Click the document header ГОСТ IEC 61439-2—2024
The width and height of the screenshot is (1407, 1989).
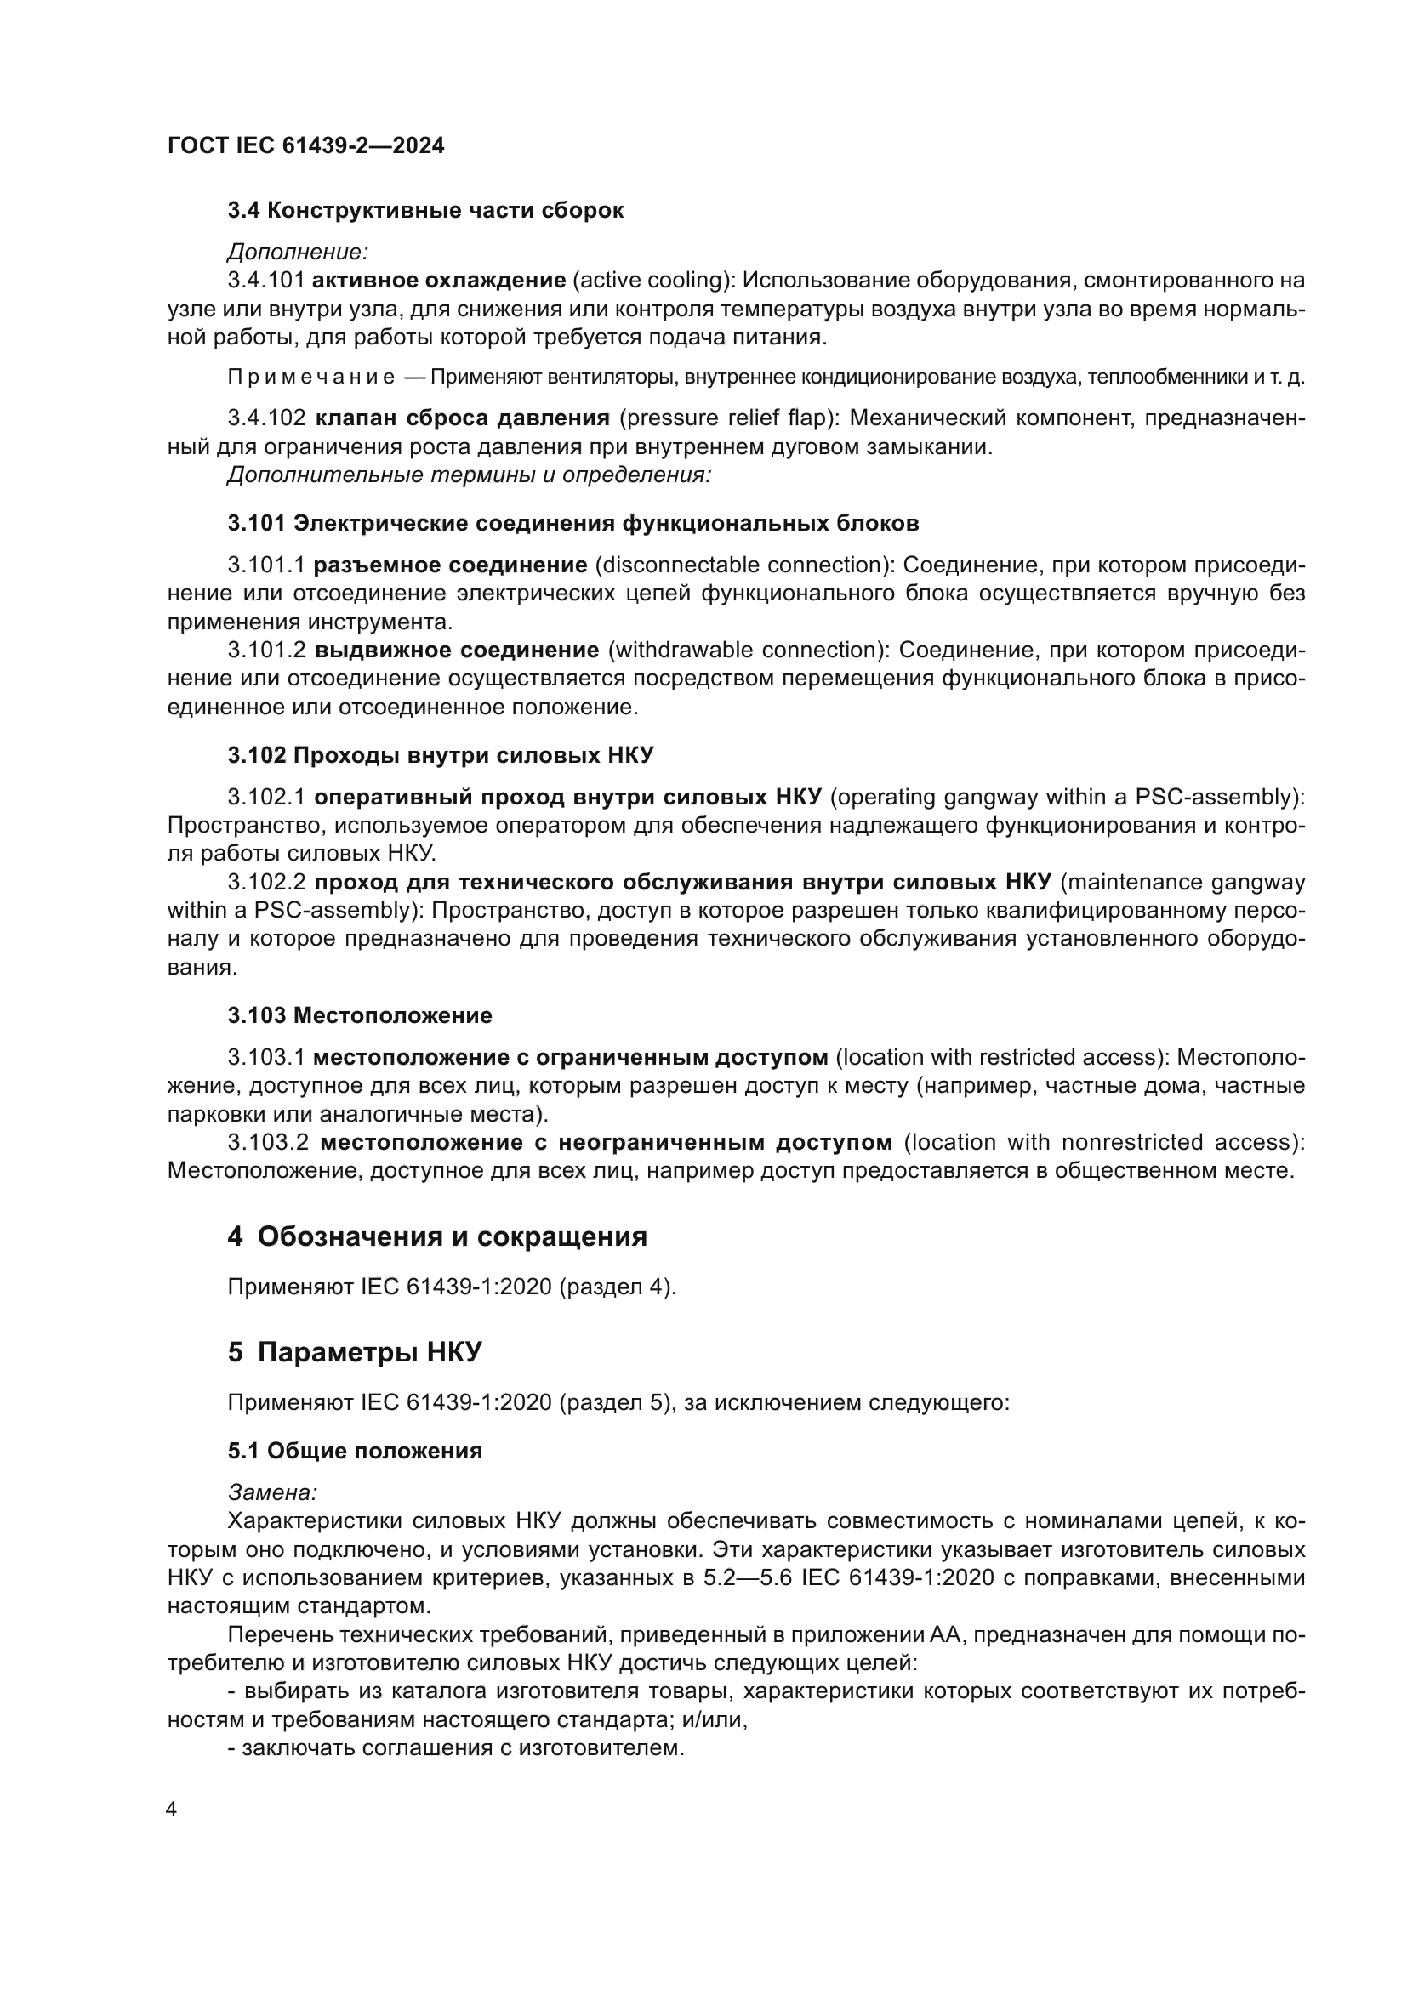point(305,145)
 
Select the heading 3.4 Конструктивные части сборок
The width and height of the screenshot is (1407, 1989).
point(424,211)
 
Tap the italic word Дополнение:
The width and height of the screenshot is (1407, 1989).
point(297,252)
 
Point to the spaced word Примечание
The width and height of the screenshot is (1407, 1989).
point(311,378)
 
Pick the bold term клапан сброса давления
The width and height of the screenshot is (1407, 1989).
point(462,418)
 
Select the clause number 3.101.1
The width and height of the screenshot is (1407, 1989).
point(266,565)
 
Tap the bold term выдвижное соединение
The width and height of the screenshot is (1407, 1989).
point(457,651)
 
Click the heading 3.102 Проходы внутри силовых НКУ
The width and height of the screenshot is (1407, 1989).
point(440,755)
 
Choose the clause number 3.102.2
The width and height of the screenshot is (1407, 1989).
point(266,883)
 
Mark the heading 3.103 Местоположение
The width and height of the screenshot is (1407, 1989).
point(360,1016)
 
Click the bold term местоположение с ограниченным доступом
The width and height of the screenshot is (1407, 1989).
point(570,1058)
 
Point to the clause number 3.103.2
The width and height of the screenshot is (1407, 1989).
point(268,1143)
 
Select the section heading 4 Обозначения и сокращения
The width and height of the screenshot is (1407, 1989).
point(436,1237)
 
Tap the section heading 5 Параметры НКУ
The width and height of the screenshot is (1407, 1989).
point(355,1352)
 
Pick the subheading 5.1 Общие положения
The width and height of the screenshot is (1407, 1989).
point(355,1451)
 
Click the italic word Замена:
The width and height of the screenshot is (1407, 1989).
point(272,1492)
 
